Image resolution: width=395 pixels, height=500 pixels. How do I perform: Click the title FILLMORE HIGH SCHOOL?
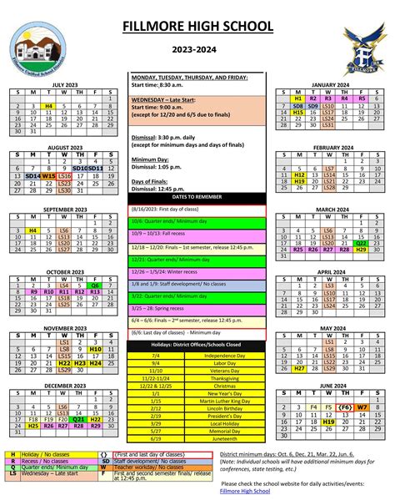(x=197, y=28)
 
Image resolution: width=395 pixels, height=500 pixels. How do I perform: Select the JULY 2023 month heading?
(x=63, y=85)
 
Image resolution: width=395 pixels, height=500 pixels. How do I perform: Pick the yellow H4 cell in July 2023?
(x=48, y=106)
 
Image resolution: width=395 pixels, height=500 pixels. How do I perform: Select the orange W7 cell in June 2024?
(x=361, y=407)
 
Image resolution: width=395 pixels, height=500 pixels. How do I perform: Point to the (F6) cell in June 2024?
(x=344, y=407)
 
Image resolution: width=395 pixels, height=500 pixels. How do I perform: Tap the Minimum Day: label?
(x=151, y=159)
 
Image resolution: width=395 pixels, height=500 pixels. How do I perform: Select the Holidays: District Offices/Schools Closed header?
(x=197, y=344)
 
